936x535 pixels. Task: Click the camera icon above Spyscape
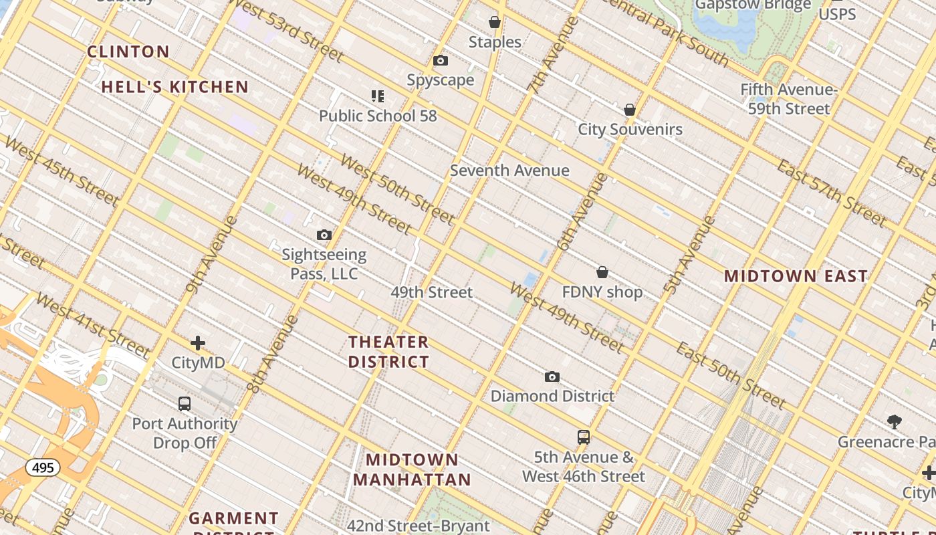pyautogui.click(x=441, y=61)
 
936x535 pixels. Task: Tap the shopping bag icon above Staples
pyautogui.click(x=495, y=23)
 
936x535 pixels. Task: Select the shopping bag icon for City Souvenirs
pyautogui.click(x=629, y=110)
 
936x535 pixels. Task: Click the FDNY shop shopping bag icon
pyautogui.click(x=602, y=272)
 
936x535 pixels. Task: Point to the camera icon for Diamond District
pyautogui.click(x=552, y=377)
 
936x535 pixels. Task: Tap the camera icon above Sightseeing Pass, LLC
pyautogui.click(x=324, y=235)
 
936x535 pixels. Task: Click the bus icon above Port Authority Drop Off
pyautogui.click(x=185, y=404)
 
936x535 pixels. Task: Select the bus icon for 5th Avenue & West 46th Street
pyautogui.click(x=584, y=437)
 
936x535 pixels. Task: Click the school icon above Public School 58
pyautogui.click(x=378, y=96)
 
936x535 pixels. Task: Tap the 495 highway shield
pyautogui.click(x=43, y=467)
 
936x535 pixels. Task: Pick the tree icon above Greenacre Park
pyautogui.click(x=895, y=421)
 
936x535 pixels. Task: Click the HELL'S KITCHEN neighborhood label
pyautogui.click(x=175, y=87)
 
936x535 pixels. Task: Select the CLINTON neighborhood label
pyautogui.click(x=128, y=51)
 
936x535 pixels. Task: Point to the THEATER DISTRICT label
pyautogui.click(x=388, y=352)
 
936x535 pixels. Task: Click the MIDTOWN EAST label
pyautogui.click(x=796, y=276)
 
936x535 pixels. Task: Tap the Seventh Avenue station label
pyautogui.click(x=509, y=171)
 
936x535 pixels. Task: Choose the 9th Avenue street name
pyautogui.click(x=211, y=255)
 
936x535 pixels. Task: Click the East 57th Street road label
pyautogui.click(x=831, y=193)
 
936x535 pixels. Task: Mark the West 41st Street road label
pyautogui.click(x=92, y=325)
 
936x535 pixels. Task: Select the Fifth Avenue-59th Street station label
pyautogui.click(x=789, y=99)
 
